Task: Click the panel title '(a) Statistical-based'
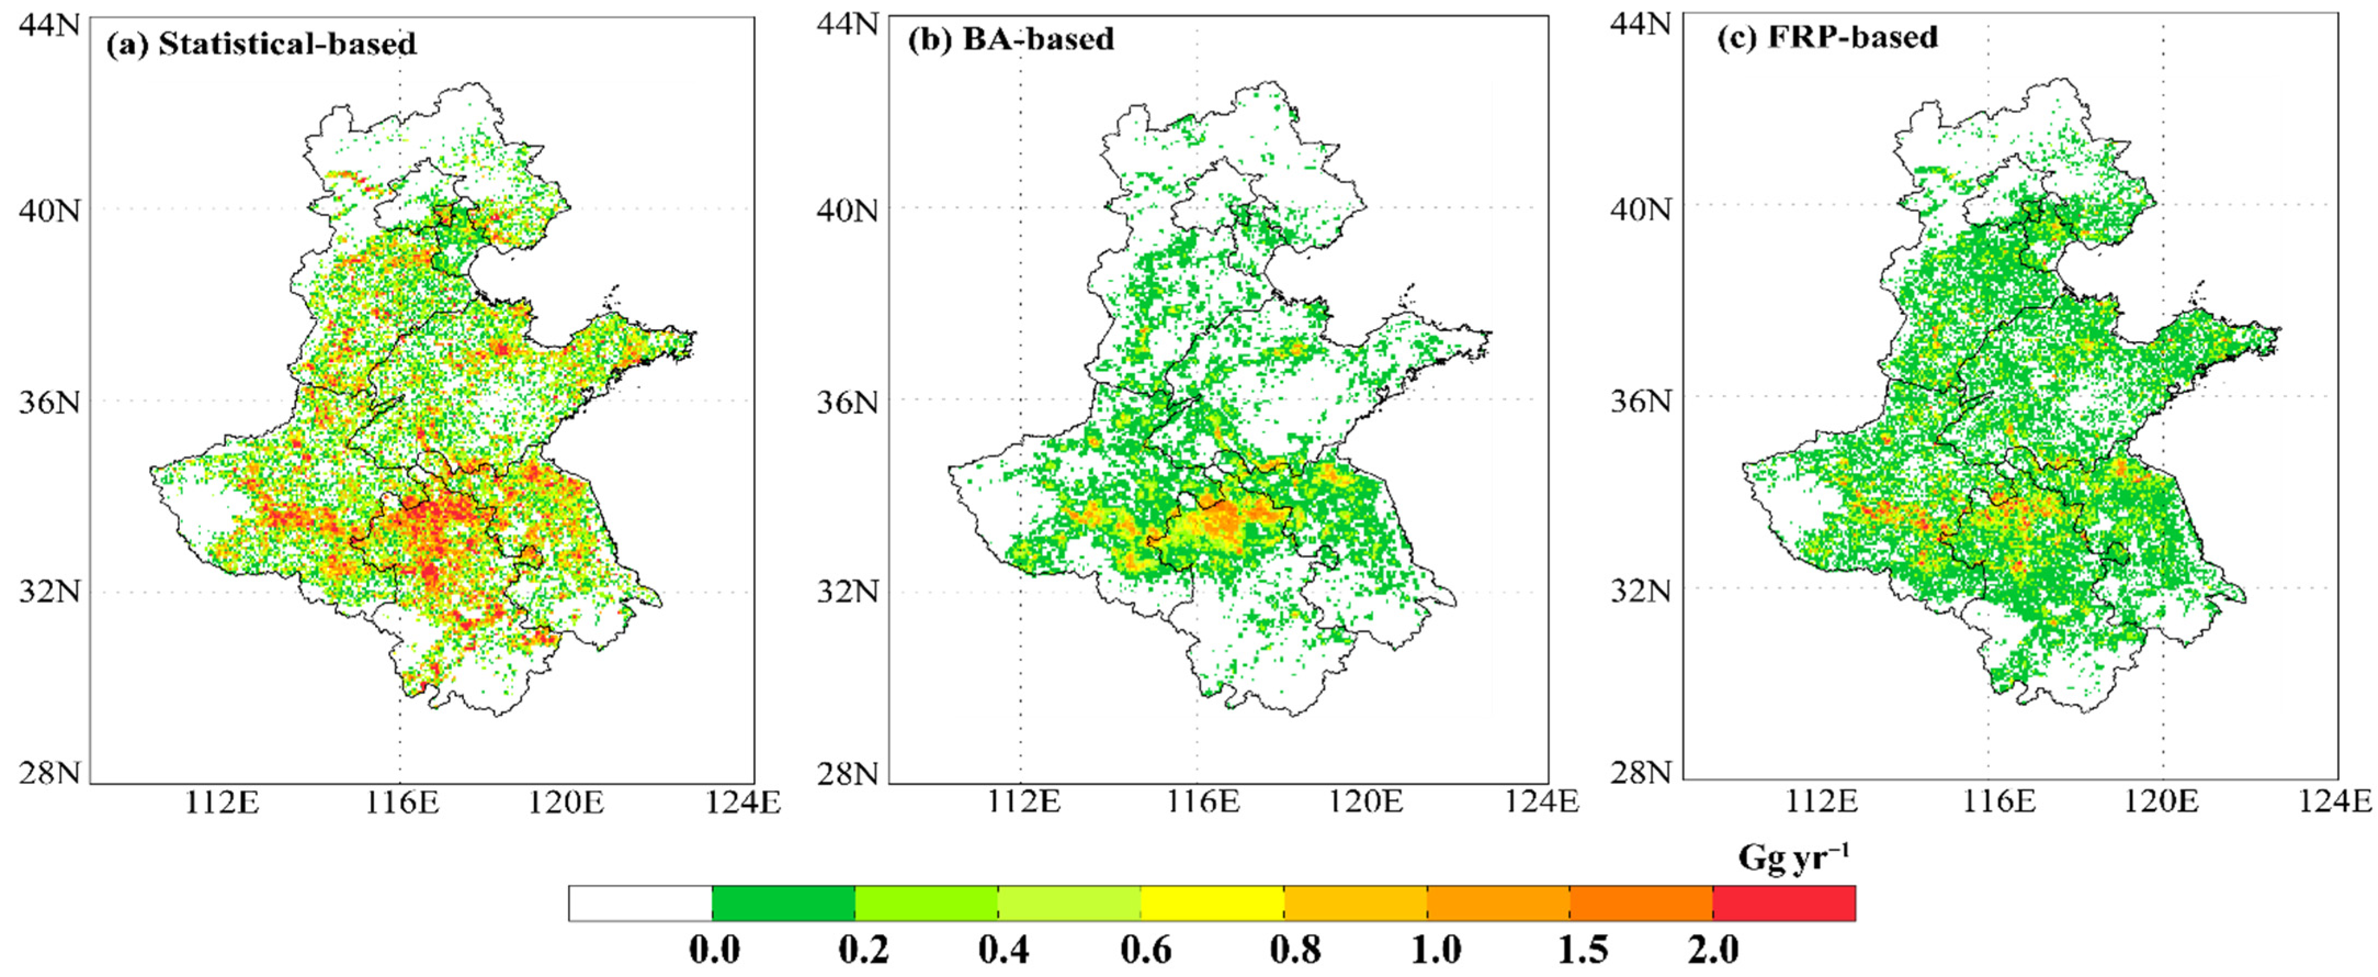point(261,43)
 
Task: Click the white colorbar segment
point(640,903)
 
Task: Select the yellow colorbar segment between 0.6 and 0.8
point(1212,903)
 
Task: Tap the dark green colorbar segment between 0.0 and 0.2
point(783,903)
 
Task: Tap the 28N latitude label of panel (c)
point(1641,771)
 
